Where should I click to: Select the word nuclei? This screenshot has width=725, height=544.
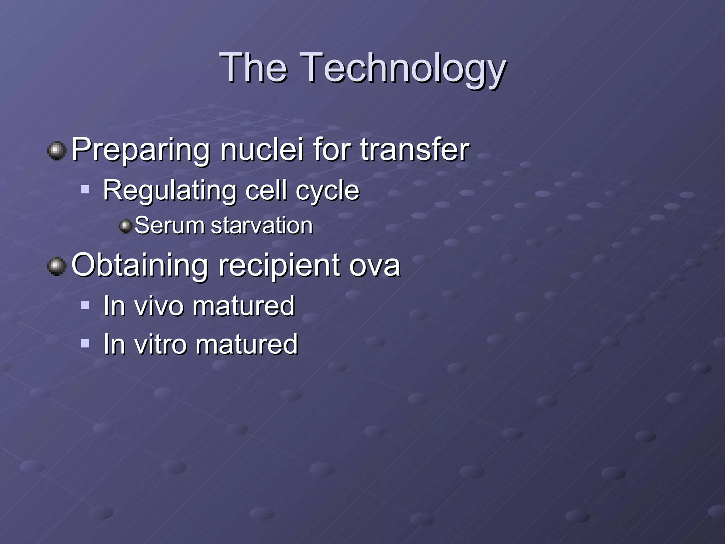[262, 149]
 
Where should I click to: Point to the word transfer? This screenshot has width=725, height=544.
[415, 149]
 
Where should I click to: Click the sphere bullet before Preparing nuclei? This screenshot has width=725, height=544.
[57, 151]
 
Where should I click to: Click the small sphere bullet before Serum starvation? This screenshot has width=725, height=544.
[125, 226]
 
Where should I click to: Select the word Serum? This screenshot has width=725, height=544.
[170, 226]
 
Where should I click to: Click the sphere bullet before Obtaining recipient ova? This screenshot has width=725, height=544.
[57, 266]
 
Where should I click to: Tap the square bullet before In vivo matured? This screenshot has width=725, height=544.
[85, 305]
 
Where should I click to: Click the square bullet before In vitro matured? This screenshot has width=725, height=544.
[85, 343]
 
